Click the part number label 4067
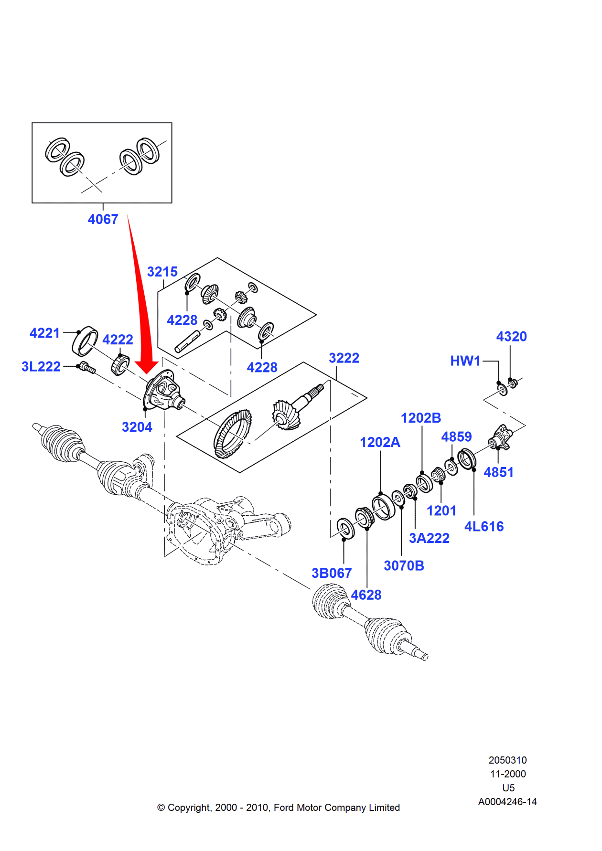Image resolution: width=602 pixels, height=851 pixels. [x=103, y=219]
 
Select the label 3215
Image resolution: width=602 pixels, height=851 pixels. [x=162, y=272]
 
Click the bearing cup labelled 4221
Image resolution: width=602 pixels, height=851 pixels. [x=85, y=341]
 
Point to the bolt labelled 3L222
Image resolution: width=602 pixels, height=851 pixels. [x=87, y=368]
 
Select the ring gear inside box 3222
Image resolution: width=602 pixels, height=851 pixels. [x=233, y=433]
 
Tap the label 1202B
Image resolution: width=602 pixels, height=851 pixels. [x=420, y=418]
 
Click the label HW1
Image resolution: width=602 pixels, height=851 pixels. [x=465, y=361]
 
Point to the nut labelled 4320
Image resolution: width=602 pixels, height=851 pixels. [x=513, y=383]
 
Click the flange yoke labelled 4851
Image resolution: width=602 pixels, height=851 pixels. [x=500, y=437]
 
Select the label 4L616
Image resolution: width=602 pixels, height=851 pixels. [x=484, y=526]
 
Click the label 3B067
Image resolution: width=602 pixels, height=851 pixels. [x=332, y=573]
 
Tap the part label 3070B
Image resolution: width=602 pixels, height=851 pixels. [x=404, y=566]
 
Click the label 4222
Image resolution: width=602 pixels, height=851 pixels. [x=118, y=340]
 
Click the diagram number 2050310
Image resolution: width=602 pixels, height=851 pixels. [x=507, y=760]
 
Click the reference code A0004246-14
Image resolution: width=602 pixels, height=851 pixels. [x=507, y=802]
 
